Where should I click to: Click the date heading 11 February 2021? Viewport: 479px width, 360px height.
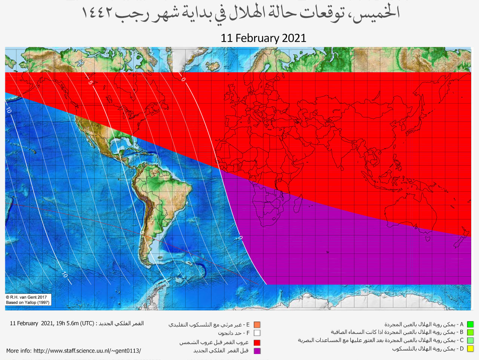coord(263,38)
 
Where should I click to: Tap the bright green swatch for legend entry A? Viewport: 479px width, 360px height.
coord(470,324)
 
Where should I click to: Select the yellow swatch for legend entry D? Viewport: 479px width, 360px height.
coord(470,349)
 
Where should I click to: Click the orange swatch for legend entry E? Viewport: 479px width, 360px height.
coord(257,325)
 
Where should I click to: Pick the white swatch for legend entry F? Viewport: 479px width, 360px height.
coord(257,333)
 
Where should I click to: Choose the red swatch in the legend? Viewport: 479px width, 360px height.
coord(257,342)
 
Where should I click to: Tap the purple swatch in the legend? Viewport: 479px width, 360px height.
coord(257,351)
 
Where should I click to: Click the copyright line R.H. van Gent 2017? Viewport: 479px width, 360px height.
coord(27,297)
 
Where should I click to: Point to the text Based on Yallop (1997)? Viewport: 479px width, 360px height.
coord(28,302)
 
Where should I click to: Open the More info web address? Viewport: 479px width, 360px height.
coord(87,351)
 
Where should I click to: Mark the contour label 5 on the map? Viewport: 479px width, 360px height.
coord(90,82)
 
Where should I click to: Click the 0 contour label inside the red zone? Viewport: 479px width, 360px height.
coord(183,79)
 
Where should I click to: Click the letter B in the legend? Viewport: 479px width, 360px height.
coord(461,332)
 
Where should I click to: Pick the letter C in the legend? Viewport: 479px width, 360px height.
coord(461,341)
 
